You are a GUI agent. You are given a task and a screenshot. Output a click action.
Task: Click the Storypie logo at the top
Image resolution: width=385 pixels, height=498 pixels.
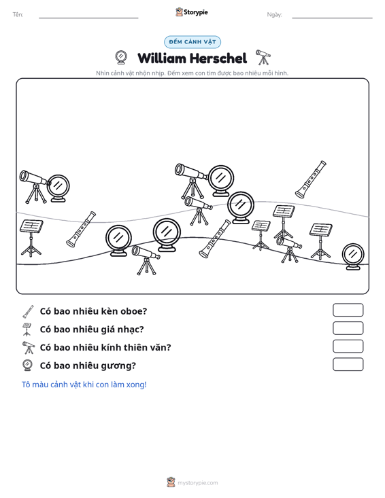point(192,12)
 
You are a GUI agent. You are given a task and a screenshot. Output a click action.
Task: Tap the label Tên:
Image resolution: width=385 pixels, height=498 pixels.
point(18,15)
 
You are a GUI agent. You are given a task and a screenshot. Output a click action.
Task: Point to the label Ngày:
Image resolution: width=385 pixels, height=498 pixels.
point(274,15)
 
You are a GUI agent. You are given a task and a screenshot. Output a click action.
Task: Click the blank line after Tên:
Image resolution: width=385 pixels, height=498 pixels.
point(88,18)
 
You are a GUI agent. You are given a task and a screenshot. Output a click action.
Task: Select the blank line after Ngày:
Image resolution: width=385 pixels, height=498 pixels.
point(332,18)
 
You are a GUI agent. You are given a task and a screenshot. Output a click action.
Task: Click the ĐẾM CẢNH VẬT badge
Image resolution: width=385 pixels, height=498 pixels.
point(192,42)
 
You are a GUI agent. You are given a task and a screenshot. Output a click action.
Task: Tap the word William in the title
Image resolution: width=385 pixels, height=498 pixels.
point(162,58)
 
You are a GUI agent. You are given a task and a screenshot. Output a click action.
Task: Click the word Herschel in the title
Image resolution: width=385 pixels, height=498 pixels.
point(218,58)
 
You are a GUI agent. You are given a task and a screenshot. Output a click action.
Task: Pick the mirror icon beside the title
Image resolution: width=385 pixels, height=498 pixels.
point(121,58)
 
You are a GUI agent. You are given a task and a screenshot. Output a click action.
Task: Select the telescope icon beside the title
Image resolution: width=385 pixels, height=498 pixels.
point(263,57)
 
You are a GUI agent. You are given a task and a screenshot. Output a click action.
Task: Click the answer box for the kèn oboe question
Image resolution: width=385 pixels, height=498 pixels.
point(348,310)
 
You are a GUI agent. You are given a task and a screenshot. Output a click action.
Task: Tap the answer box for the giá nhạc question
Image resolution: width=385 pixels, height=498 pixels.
point(348,328)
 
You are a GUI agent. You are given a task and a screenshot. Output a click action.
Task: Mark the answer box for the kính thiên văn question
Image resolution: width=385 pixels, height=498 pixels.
point(348,346)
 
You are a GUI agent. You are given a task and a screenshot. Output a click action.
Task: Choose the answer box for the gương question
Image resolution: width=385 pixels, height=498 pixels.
point(348,364)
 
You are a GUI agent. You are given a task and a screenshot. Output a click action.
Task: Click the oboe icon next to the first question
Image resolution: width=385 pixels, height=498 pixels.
point(28,312)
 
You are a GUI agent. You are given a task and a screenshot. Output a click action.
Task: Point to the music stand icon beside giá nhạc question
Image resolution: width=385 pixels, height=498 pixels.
point(27,330)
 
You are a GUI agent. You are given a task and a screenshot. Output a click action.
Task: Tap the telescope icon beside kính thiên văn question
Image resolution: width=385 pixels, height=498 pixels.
point(29,347)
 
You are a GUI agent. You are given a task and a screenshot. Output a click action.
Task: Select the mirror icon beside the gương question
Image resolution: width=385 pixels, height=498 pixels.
point(28,366)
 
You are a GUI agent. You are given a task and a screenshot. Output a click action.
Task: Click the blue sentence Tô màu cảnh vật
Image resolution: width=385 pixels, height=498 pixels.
point(84,385)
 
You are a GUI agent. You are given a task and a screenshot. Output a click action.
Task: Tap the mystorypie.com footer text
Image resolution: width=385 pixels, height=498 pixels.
point(197,483)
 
